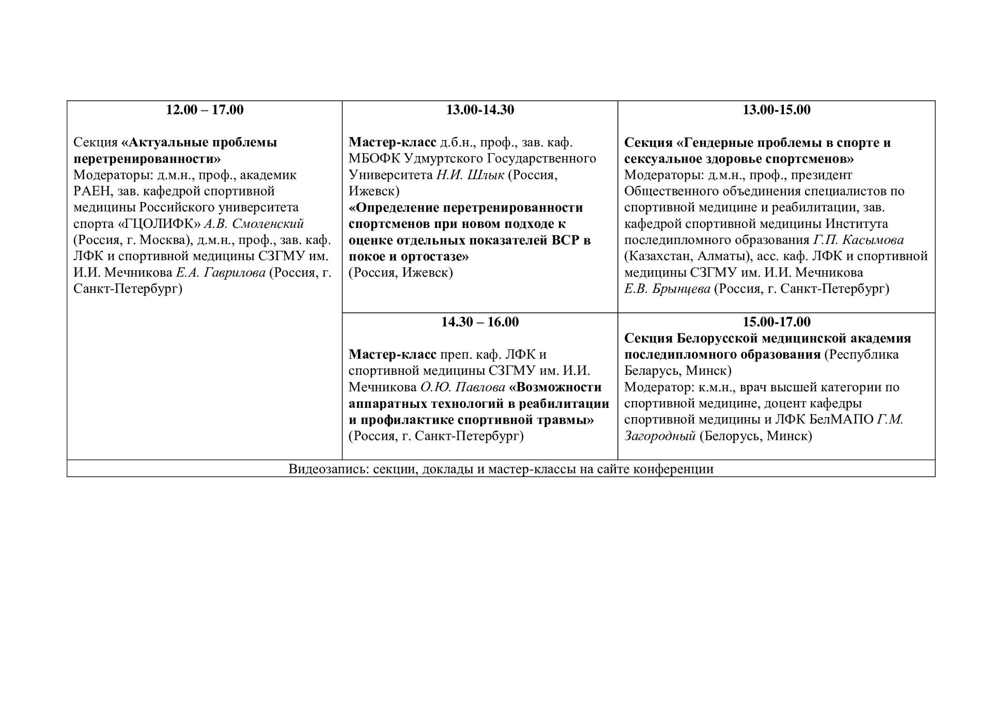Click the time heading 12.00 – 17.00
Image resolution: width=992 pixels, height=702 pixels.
click(x=205, y=110)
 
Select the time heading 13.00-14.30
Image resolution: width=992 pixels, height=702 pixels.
click(x=480, y=110)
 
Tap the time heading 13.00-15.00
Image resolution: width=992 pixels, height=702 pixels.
click(x=776, y=110)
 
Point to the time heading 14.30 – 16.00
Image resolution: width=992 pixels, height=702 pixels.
click(x=480, y=322)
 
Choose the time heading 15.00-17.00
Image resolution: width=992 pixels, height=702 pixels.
click(x=776, y=322)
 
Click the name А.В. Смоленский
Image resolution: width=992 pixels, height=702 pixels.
click(x=254, y=224)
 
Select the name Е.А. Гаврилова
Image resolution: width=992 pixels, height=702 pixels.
click(x=221, y=272)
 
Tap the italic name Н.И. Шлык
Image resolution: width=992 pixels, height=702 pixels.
click(x=470, y=175)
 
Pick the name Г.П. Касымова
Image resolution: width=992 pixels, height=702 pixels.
click(x=858, y=240)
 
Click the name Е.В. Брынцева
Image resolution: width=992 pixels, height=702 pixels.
click(x=667, y=289)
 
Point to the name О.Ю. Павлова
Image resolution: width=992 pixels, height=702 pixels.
click(x=462, y=387)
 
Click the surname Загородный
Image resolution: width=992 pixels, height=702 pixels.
click(x=660, y=436)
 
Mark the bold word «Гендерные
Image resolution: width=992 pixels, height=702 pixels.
click(x=721, y=143)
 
